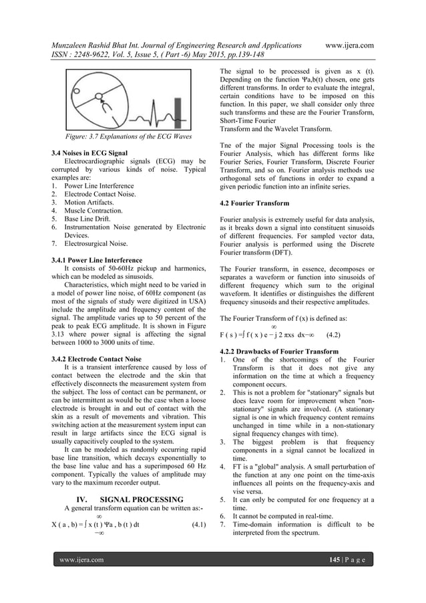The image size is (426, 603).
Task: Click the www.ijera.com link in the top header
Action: [349, 45]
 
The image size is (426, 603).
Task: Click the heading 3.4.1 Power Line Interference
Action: [98, 261]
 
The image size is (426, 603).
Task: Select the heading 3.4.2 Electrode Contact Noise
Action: [97, 359]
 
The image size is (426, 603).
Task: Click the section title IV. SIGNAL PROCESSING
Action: [131, 499]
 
